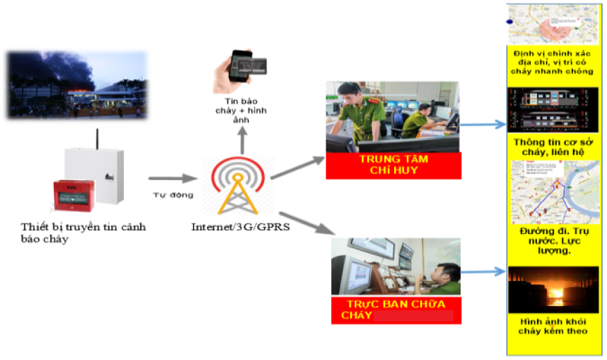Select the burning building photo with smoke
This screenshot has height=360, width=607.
(x=77, y=84)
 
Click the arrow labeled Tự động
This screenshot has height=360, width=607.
(x=168, y=181)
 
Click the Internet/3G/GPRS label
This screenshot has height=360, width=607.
(x=239, y=227)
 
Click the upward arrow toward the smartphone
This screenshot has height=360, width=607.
(x=242, y=143)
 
